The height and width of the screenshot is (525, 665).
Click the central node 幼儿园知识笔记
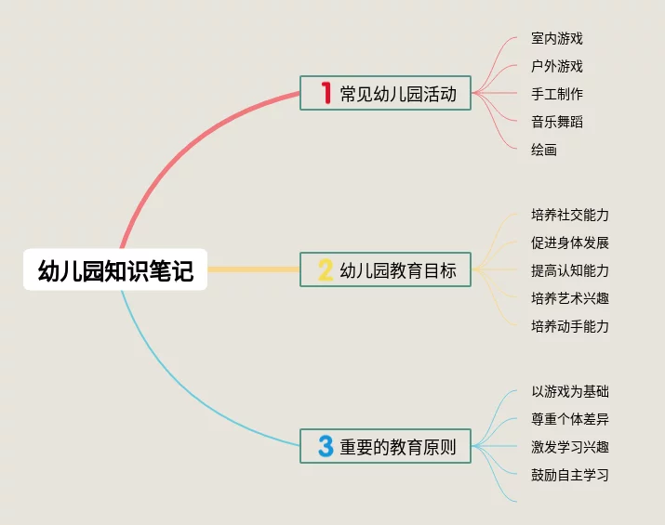point(115,269)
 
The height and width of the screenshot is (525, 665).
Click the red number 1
point(326,93)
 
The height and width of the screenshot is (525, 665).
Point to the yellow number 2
point(326,269)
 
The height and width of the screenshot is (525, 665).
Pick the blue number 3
point(326,446)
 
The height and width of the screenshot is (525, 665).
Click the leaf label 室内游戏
point(557,38)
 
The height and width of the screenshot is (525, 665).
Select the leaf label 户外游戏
point(557,66)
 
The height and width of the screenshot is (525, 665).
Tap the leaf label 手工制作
point(557,94)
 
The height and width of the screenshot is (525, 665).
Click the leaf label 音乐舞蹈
point(557,122)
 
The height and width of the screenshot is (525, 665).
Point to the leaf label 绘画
point(544,150)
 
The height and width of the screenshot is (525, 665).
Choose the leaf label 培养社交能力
point(570,215)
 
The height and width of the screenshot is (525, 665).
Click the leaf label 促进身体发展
point(570,243)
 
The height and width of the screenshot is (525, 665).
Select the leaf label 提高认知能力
point(570,270)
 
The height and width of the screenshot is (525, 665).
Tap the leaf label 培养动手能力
point(570,326)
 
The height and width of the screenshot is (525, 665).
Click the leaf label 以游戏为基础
point(570,391)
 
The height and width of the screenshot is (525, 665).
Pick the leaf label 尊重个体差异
point(570,419)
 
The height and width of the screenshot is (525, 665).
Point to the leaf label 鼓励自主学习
point(570,475)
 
